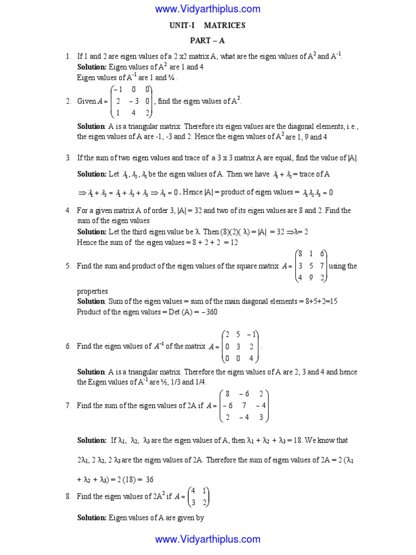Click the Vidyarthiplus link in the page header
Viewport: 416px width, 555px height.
pos(208,9)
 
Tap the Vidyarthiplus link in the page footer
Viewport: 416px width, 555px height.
pos(208,539)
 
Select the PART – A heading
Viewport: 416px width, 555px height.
pos(208,41)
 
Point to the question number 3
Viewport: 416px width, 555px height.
pos(68,158)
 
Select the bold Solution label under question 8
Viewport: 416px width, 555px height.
pos(92,518)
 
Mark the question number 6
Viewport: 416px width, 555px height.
pos(68,346)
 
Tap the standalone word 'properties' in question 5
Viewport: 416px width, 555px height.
pos(92,291)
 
